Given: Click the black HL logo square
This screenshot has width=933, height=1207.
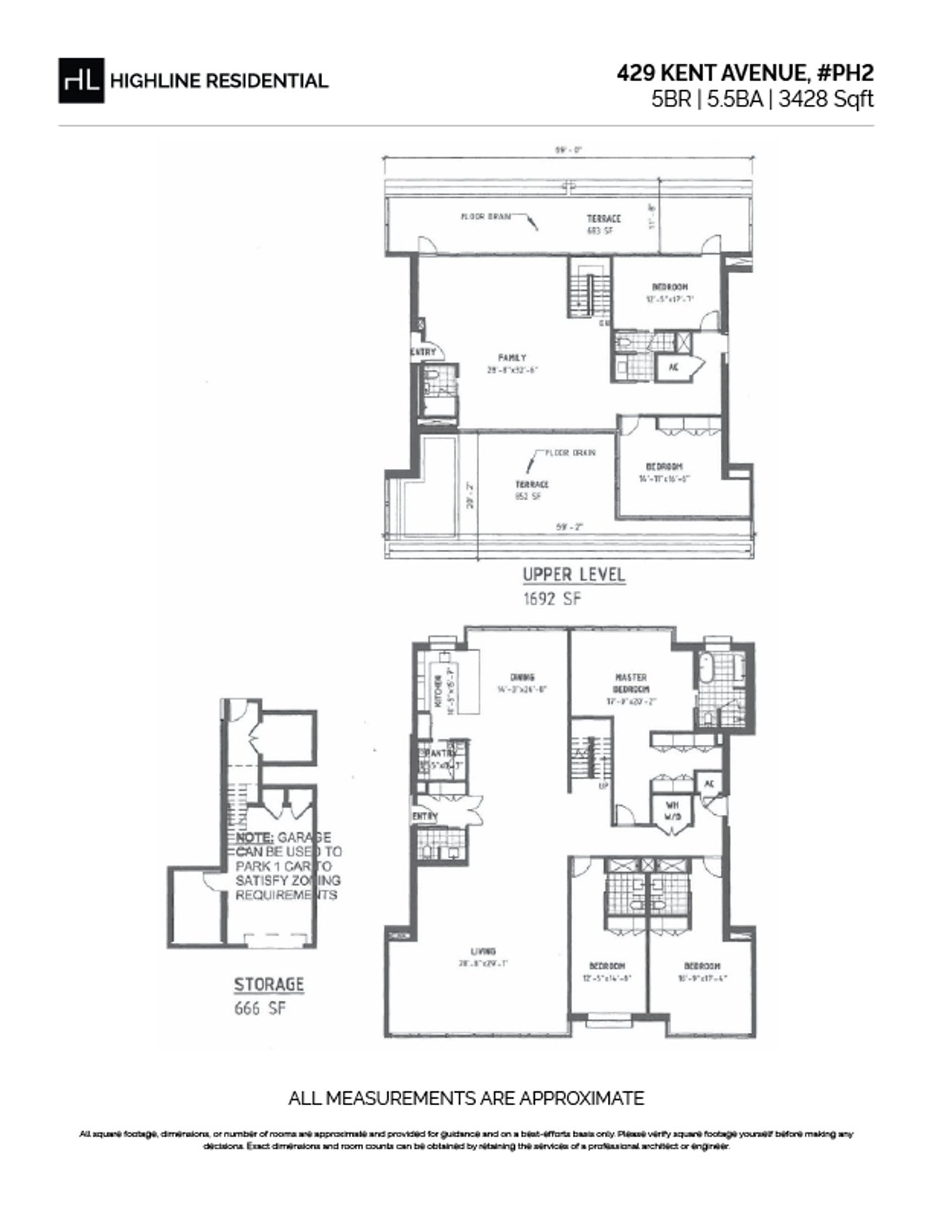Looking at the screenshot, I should coord(81,80).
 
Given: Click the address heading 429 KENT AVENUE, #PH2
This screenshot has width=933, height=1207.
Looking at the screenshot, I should coord(745,72).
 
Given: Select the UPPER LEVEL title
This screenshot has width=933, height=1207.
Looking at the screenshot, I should coord(574,576).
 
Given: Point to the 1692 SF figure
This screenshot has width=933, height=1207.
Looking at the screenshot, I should coord(552,598).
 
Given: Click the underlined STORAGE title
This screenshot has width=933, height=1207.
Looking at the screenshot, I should coord(269,985).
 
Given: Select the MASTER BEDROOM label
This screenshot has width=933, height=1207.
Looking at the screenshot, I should coord(631,683).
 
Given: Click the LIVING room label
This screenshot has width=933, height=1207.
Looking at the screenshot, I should coord(483,951).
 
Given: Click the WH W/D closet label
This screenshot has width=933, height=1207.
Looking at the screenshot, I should coord(671,811).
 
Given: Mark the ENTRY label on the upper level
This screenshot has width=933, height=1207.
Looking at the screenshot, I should coord(423,352).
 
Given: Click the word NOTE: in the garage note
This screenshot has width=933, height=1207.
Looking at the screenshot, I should coord(254,838).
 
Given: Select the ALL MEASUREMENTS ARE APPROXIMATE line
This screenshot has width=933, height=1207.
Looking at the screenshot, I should coord(466,1098).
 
